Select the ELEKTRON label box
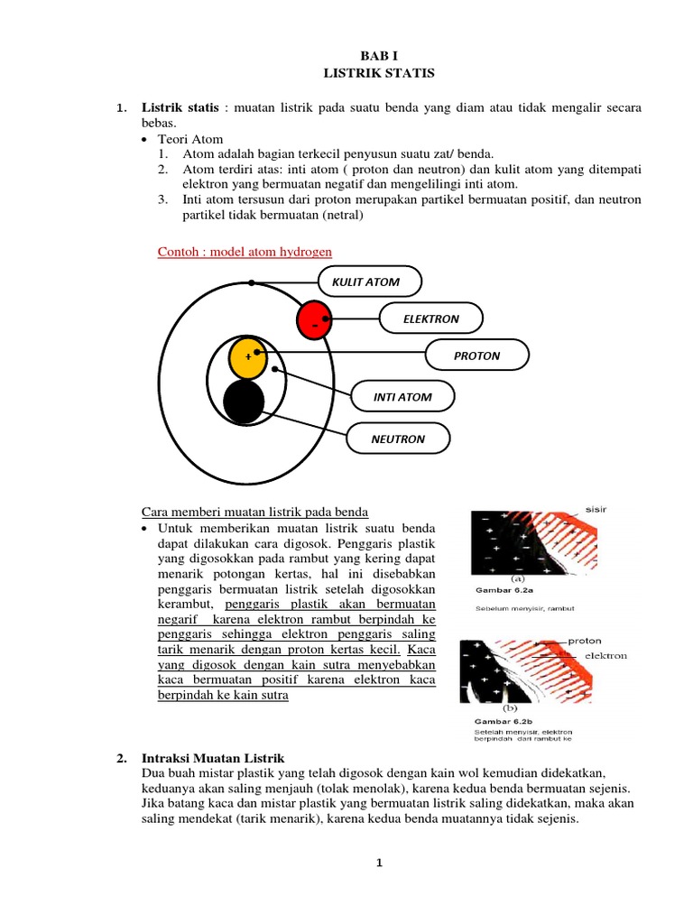click(431, 319)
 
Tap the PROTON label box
click(476, 356)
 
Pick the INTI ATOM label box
click(402, 397)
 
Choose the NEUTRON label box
click(398, 439)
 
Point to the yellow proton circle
click(248, 357)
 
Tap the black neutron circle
click(244, 402)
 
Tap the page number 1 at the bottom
click(380, 864)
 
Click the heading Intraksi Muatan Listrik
click(214, 758)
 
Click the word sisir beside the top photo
click(596, 509)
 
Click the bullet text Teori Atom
click(190, 140)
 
